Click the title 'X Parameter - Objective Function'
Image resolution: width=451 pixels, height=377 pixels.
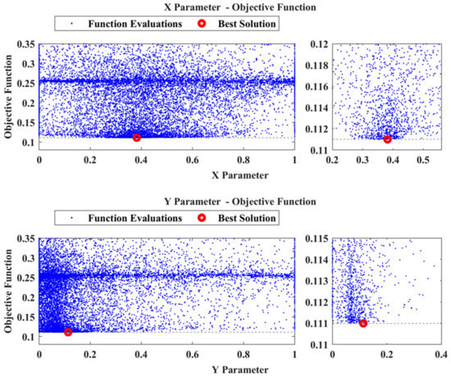coord(167,7)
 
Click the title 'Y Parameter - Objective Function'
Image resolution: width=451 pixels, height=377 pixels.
coord(167,202)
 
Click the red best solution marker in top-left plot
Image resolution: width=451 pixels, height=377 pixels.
coord(137,138)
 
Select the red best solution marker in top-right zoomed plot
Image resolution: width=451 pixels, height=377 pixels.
coord(387,139)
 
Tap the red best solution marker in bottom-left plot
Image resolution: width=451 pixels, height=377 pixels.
coord(68,332)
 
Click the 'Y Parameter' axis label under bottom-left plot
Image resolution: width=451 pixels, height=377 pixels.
coord(167,371)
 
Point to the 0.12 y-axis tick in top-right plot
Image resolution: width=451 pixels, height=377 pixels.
coord(316,43)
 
